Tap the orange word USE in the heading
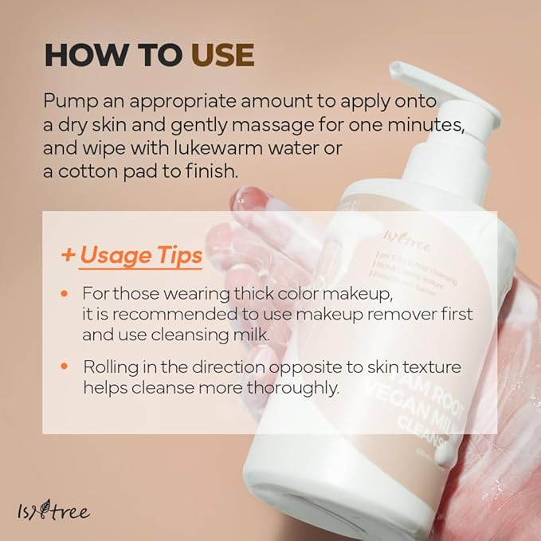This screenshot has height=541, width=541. (x=222, y=55)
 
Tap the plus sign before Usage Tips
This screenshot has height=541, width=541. (x=69, y=256)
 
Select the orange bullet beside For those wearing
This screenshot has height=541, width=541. (x=65, y=294)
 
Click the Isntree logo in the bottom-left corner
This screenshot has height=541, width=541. (x=56, y=510)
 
